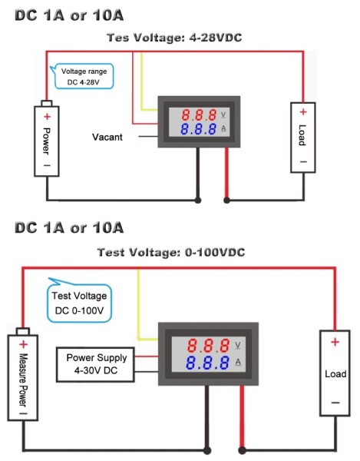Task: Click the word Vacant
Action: coord(107,137)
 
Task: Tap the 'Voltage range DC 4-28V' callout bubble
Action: coord(84,76)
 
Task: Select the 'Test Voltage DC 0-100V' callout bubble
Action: coord(80,302)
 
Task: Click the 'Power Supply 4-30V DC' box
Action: coord(95,364)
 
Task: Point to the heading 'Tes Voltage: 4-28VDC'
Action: coord(174,38)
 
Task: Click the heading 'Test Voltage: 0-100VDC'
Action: coord(171,252)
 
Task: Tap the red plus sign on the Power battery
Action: coord(47,117)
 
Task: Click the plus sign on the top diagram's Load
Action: coord(303,112)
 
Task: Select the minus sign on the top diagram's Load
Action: coord(304,161)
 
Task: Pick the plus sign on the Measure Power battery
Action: coord(24,344)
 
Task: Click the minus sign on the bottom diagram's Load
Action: coord(335,403)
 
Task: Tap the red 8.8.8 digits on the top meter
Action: coord(199,115)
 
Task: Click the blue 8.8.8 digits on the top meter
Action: coord(198,129)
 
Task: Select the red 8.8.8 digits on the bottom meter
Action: coord(209,345)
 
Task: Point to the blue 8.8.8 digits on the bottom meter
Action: coord(207,363)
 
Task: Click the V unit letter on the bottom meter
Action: coord(238,346)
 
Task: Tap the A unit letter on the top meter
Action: coord(223,128)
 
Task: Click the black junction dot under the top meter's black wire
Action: coord(198,201)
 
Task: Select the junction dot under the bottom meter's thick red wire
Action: coord(242,449)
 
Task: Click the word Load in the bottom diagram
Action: coord(335,374)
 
